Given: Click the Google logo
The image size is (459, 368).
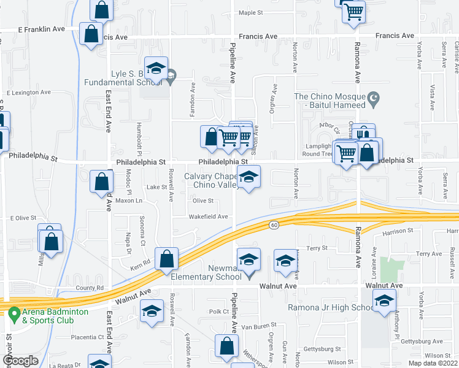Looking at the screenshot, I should [x=20, y=361].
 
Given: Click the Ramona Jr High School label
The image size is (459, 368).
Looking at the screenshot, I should [x=330, y=307].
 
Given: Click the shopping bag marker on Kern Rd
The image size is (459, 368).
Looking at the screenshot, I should [x=166, y=259].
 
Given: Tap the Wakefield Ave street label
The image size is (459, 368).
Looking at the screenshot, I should [x=209, y=217].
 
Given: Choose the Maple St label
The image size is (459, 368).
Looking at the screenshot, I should [x=250, y=12].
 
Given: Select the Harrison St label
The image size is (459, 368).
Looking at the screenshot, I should [x=395, y=231].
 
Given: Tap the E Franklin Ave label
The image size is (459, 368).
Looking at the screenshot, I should [x=42, y=29].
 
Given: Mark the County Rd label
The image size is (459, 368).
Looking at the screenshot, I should [x=90, y=288].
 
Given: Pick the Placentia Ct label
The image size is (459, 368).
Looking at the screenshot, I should [x=87, y=337].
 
